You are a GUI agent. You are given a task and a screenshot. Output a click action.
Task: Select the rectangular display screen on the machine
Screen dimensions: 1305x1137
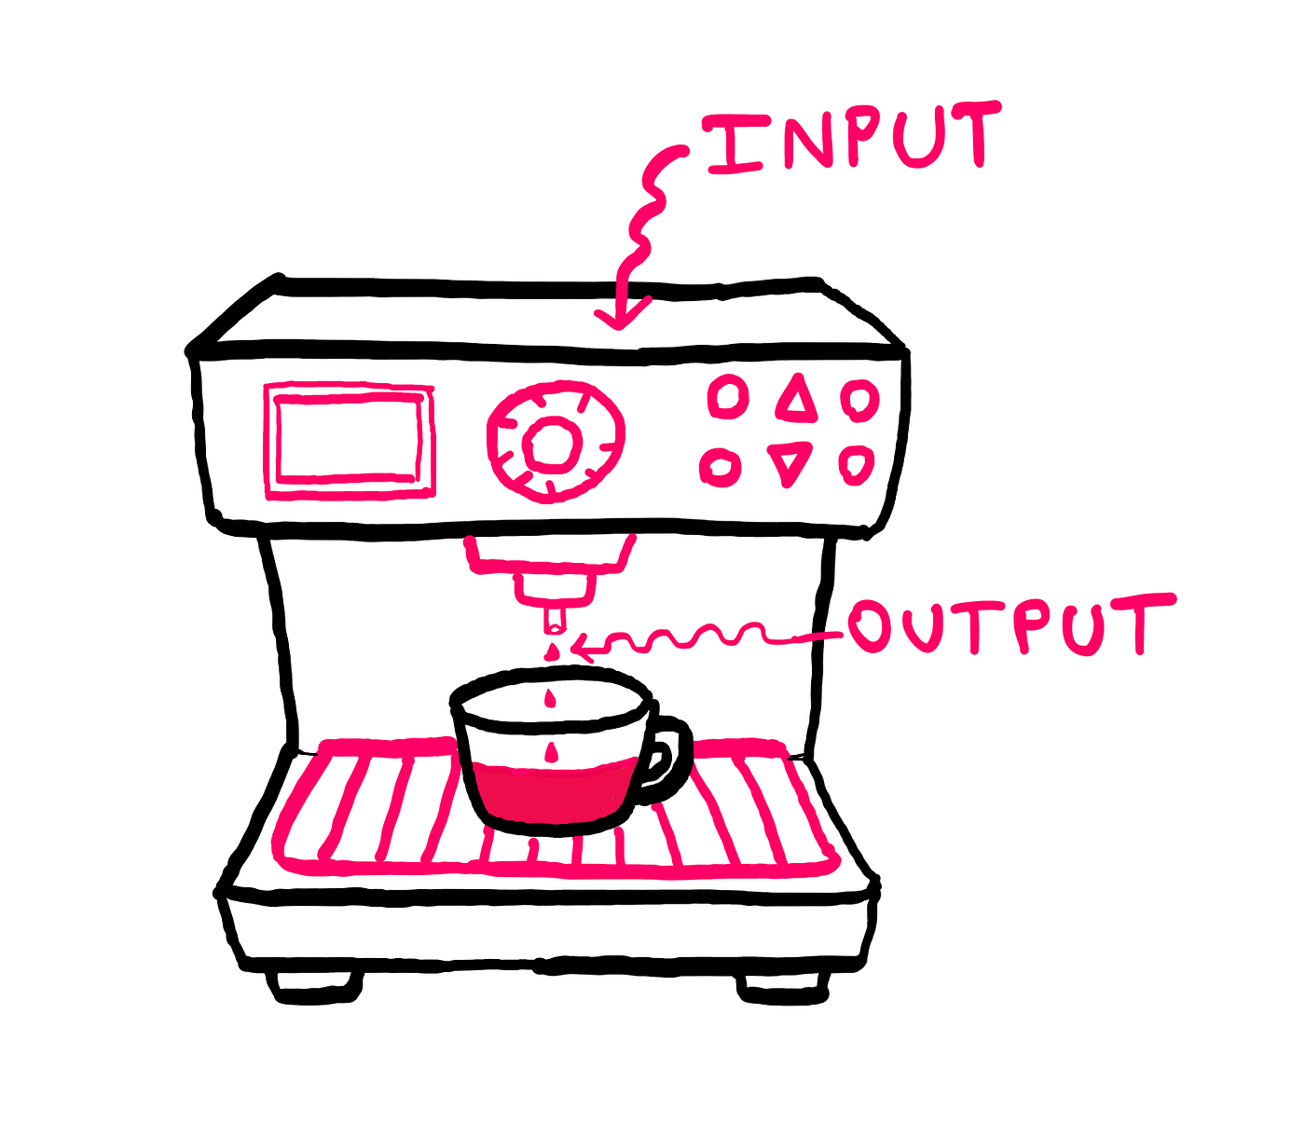pos(349,441)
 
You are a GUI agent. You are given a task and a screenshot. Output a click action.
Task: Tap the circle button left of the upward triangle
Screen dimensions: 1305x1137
pos(728,397)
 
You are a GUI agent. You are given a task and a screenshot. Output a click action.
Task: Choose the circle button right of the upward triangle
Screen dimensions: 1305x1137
pos(859,400)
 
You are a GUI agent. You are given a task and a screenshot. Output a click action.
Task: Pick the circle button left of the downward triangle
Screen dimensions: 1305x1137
pos(721,466)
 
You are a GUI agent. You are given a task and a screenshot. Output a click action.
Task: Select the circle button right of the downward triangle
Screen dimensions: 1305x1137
pos(856,465)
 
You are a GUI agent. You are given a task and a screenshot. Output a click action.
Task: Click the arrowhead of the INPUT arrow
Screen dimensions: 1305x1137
pos(620,316)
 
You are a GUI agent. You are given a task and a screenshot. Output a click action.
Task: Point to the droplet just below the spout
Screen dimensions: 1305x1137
pos(551,651)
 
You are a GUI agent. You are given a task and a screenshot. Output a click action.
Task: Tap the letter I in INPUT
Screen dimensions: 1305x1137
pos(733,144)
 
